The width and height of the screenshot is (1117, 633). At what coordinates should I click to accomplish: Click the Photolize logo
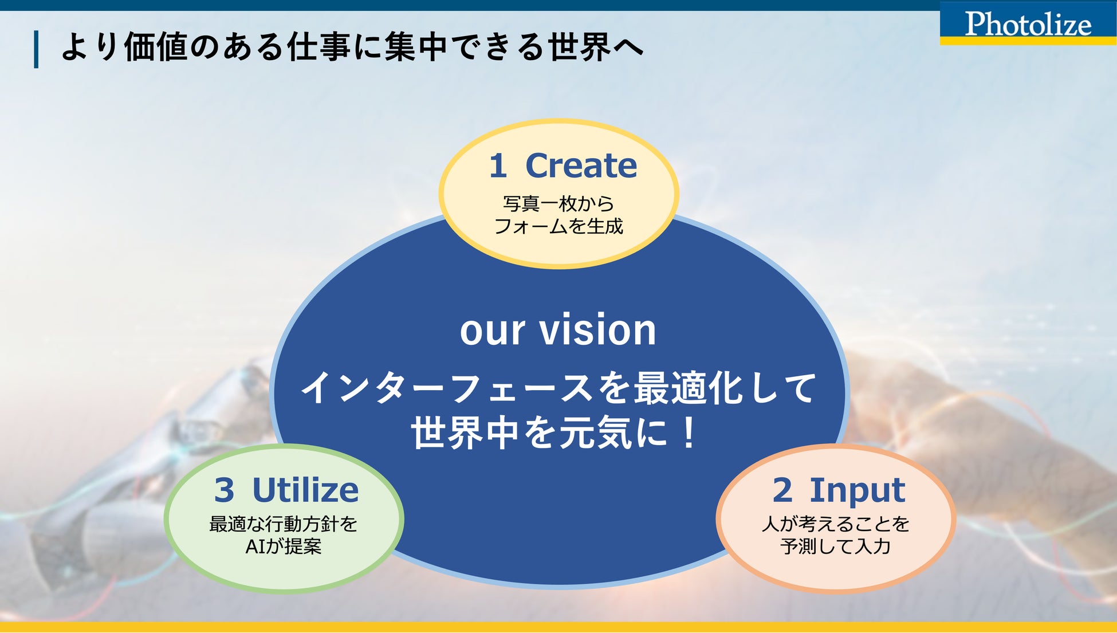click(x=1028, y=24)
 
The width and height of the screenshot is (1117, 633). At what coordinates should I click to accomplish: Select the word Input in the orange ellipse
click(x=857, y=490)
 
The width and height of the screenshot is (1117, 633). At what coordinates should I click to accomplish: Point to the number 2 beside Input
click(x=782, y=490)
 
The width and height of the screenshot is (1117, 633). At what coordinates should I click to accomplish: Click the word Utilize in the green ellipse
click(x=305, y=490)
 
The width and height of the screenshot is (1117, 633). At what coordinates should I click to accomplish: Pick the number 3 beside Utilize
click(x=224, y=490)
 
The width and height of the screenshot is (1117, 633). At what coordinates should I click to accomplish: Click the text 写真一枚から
click(x=558, y=203)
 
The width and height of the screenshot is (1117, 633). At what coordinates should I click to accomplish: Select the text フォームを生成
click(x=558, y=226)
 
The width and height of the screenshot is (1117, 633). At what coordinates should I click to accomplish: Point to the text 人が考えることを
click(x=836, y=524)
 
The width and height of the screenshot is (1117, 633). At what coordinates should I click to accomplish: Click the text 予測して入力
click(x=836, y=546)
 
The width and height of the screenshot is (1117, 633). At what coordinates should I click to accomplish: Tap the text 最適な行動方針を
click(x=284, y=524)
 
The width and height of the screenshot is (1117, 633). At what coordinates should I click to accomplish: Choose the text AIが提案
click(x=284, y=546)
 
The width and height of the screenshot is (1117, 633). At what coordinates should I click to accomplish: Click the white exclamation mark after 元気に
click(x=689, y=433)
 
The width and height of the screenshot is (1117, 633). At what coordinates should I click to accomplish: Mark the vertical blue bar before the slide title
click(x=37, y=49)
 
